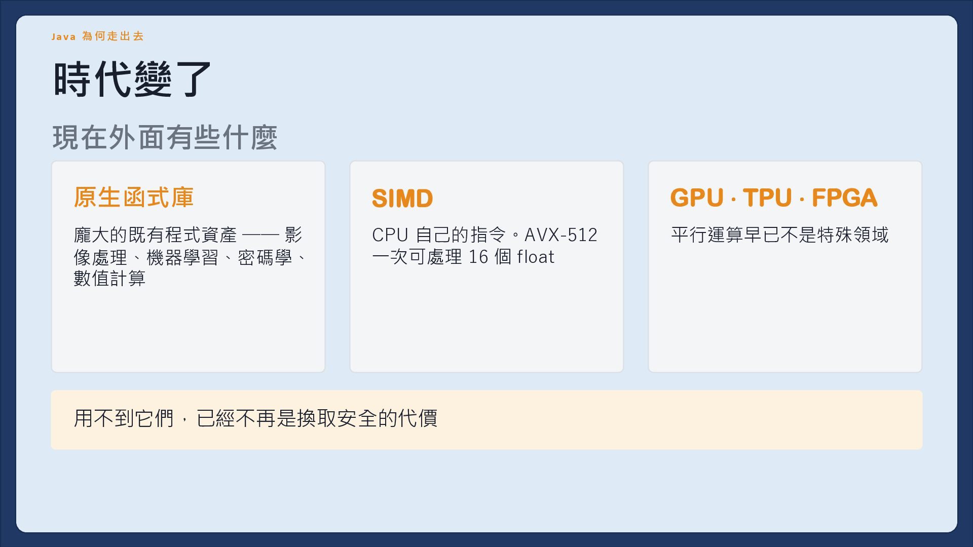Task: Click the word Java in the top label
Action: coord(63,36)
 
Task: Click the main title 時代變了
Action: coord(132,79)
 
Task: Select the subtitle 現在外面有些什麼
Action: coord(165,137)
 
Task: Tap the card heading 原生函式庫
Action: coord(134,197)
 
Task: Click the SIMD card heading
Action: coord(402,198)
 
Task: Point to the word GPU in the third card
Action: coord(697,198)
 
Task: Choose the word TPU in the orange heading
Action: coord(767,198)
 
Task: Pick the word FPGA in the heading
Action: coord(844,198)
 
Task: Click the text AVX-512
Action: coord(561,235)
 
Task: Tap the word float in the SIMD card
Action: coord(536,257)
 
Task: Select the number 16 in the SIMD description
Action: coord(478,257)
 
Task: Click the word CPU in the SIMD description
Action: coord(390,235)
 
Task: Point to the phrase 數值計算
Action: coord(109,278)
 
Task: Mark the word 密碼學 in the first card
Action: coord(265,257)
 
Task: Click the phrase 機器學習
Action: coord(182,257)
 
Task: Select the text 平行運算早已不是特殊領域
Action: coord(779,235)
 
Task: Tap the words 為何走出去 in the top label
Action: coord(113,36)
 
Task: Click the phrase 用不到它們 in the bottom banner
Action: coord(124,418)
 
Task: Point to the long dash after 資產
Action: coord(260,235)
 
